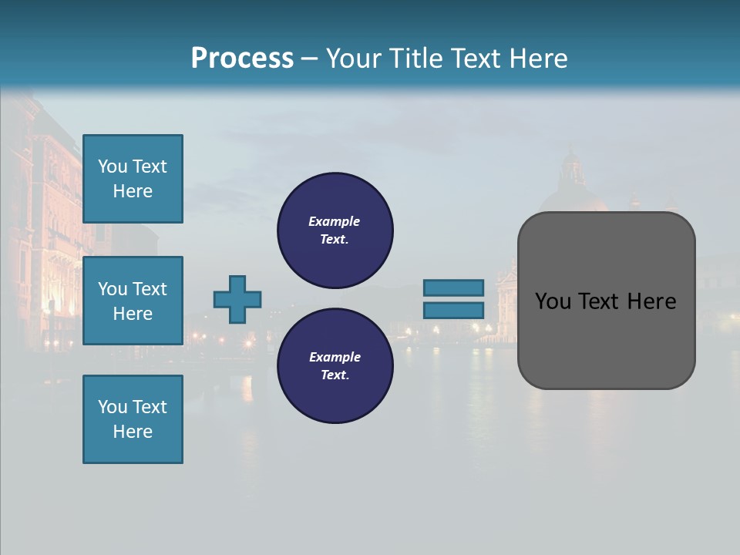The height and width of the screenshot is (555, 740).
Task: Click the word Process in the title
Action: [x=242, y=59]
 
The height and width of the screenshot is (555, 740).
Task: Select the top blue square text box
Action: [x=133, y=179]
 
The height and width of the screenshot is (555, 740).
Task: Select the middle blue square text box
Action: [x=133, y=301]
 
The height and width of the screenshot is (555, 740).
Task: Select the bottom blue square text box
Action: [x=133, y=419]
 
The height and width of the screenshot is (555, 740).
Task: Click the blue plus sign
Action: [x=237, y=299]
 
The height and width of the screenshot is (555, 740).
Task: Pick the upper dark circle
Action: [x=335, y=230]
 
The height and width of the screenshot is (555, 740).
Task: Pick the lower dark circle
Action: [x=335, y=365]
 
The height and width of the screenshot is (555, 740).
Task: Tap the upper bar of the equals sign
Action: [x=454, y=288]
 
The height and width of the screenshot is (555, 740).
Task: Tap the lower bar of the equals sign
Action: [x=454, y=310]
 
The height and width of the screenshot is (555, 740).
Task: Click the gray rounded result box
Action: [x=606, y=339]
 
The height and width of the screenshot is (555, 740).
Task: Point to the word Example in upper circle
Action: [x=334, y=221]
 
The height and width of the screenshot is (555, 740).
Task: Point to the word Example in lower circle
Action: [x=335, y=357]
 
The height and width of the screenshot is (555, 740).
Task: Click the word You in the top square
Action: [x=113, y=166]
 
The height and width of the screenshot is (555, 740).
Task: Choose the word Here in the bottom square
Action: [x=133, y=432]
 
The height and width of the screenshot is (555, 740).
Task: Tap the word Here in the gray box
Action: [x=651, y=301]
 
